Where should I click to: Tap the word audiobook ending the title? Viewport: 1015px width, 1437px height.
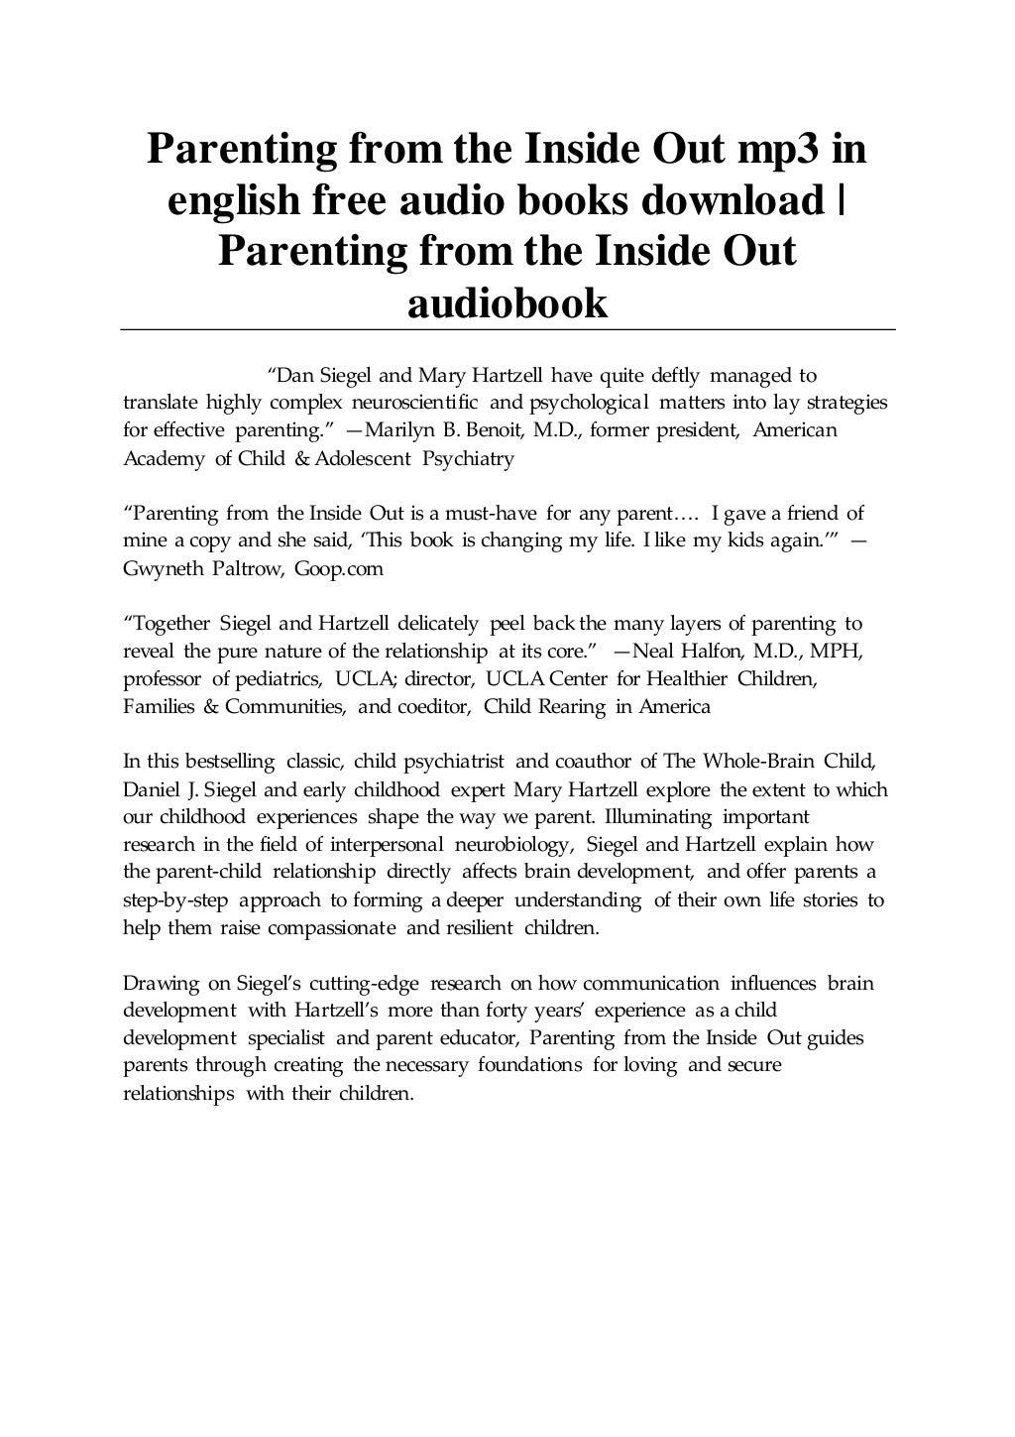(x=507, y=302)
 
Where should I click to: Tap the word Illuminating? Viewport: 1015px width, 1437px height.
(x=658, y=818)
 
